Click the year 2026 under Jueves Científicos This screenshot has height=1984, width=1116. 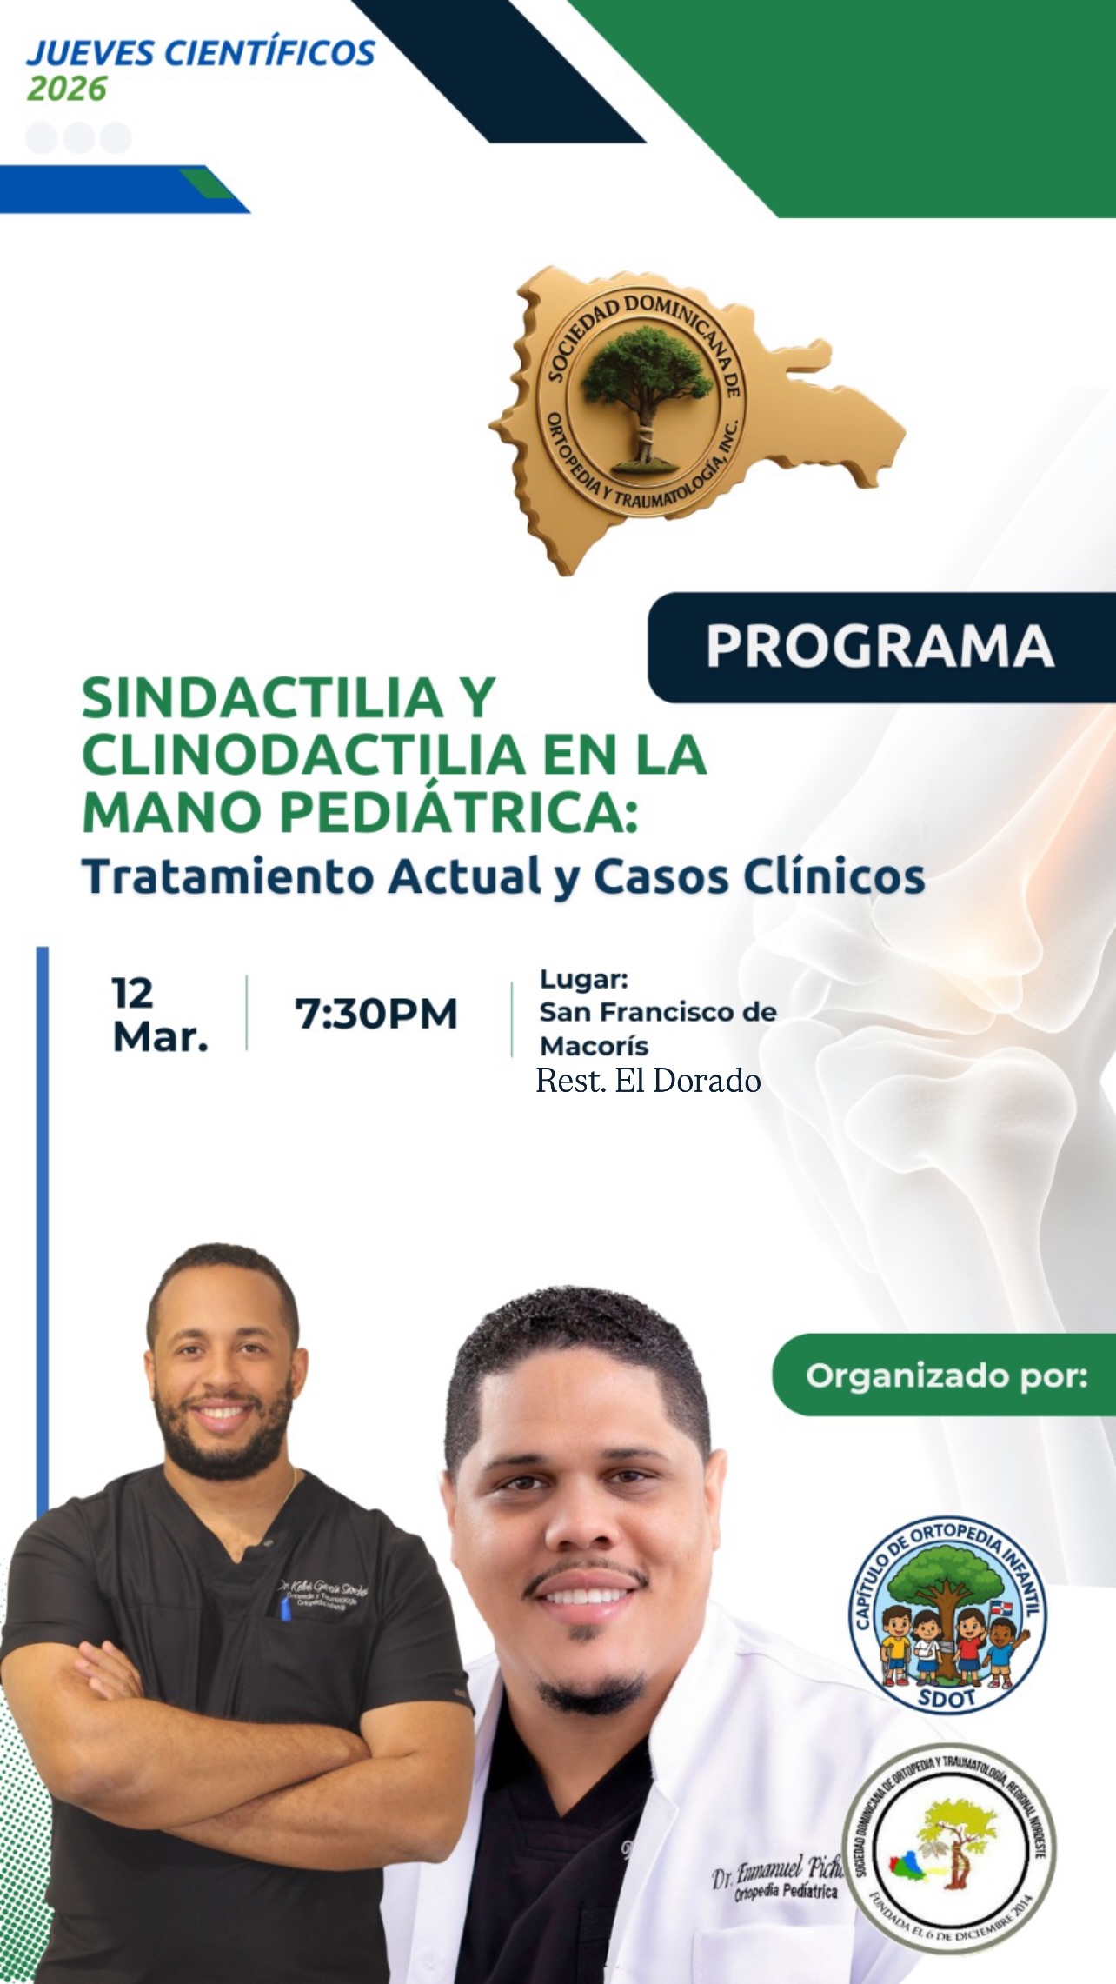point(67,89)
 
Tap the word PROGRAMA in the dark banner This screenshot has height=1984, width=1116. point(880,646)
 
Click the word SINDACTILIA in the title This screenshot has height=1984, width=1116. point(262,698)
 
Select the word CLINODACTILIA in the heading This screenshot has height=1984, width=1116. point(304,754)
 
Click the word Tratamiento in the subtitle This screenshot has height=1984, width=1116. point(227,876)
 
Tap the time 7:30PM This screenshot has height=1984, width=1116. point(376,1014)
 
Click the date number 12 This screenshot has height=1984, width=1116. point(132,993)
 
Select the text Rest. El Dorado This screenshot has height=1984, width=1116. point(648,1081)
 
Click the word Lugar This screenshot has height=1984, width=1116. point(583,979)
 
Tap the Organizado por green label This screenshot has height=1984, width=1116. point(946,1375)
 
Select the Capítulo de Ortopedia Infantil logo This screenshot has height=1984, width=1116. point(947,1615)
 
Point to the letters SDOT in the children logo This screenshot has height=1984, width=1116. point(947,1698)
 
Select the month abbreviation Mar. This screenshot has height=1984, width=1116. point(161,1036)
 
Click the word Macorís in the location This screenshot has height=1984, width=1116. point(594,1045)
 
